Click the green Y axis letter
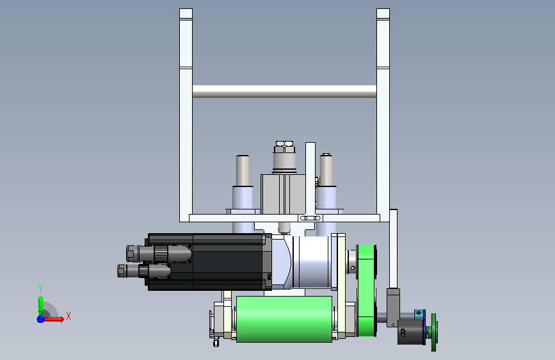(40, 288)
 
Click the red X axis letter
(68, 316)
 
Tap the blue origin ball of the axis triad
(41, 319)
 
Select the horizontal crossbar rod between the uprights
(284, 92)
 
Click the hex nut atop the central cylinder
(285, 147)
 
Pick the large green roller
(284, 319)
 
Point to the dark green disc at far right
(434, 332)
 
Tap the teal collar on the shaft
(419, 314)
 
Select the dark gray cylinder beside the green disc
(410, 332)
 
